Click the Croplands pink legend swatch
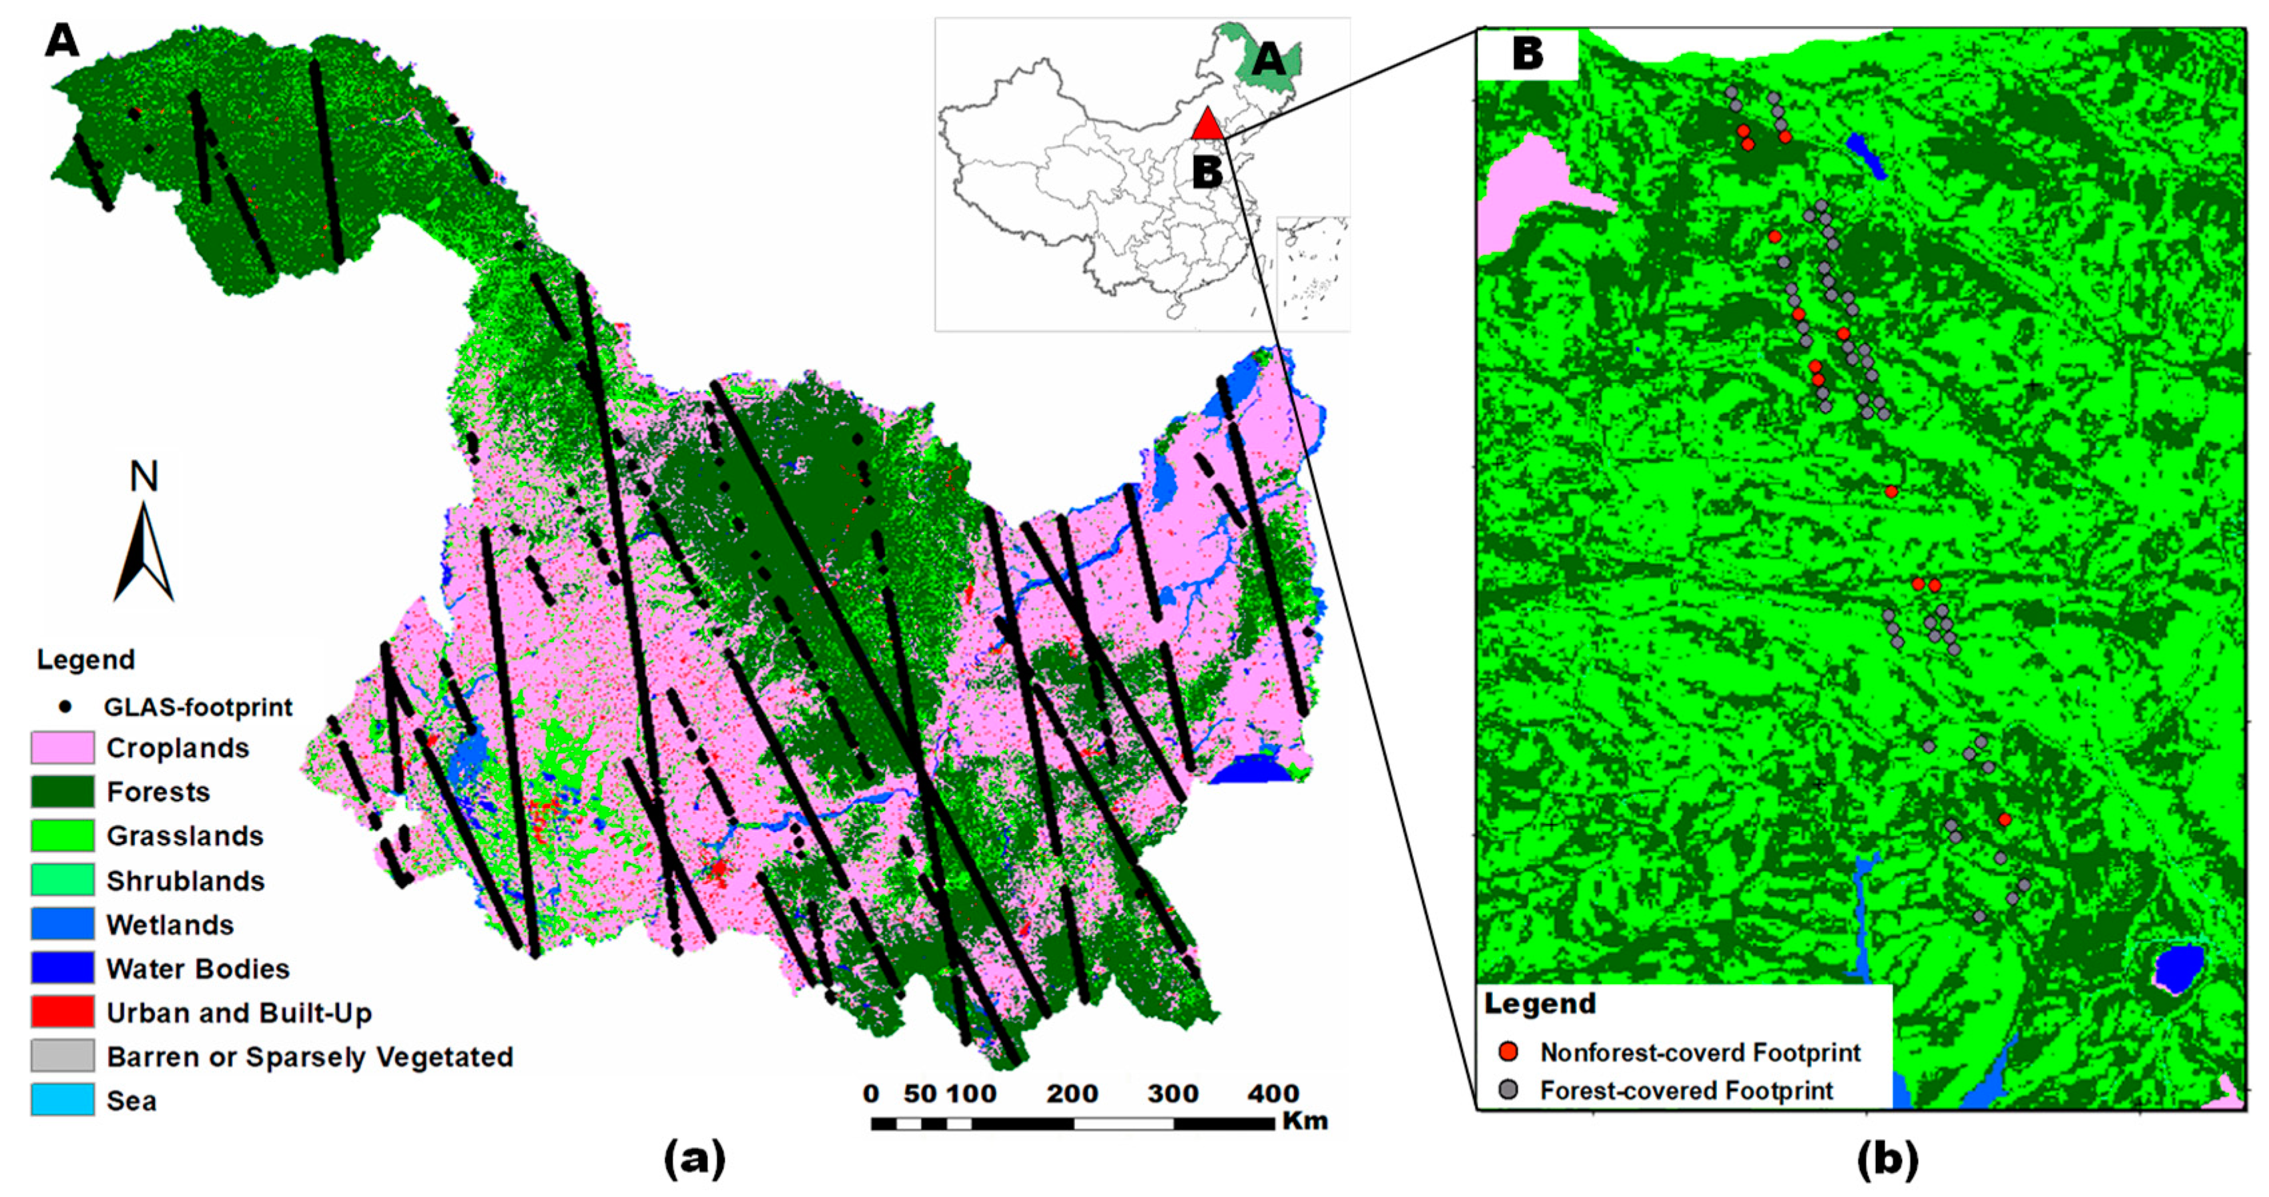coord(63,748)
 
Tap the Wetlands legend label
coord(170,925)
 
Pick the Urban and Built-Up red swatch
coord(63,1012)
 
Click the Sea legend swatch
coord(63,1100)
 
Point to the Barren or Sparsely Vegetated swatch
coord(63,1056)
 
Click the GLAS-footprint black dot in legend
coord(65,707)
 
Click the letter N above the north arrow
coord(143,476)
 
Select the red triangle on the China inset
coord(1208,124)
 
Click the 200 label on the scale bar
coord(1072,1094)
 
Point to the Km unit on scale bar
coord(1305,1120)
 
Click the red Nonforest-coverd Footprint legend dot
coord(1509,1052)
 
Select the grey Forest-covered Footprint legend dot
coord(1509,1090)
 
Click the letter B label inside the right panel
coord(1528,54)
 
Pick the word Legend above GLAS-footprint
coord(85,660)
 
